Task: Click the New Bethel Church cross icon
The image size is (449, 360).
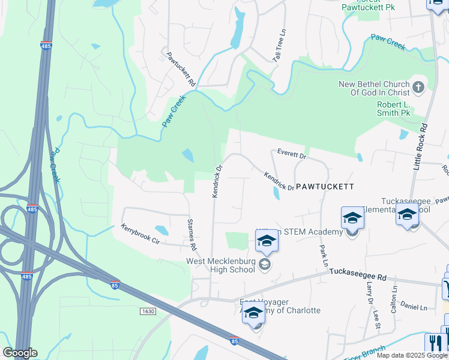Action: (418, 88)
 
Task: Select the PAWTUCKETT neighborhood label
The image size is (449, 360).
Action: (324, 187)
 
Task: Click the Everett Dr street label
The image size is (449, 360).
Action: (292, 155)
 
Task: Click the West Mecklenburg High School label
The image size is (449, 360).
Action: (221, 265)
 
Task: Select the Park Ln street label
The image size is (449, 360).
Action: (324, 256)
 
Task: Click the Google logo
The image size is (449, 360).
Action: (20, 352)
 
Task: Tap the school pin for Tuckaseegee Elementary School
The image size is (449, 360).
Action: (407, 214)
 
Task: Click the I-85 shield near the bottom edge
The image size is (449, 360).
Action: (235, 341)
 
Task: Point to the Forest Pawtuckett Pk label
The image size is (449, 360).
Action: (367, 5)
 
